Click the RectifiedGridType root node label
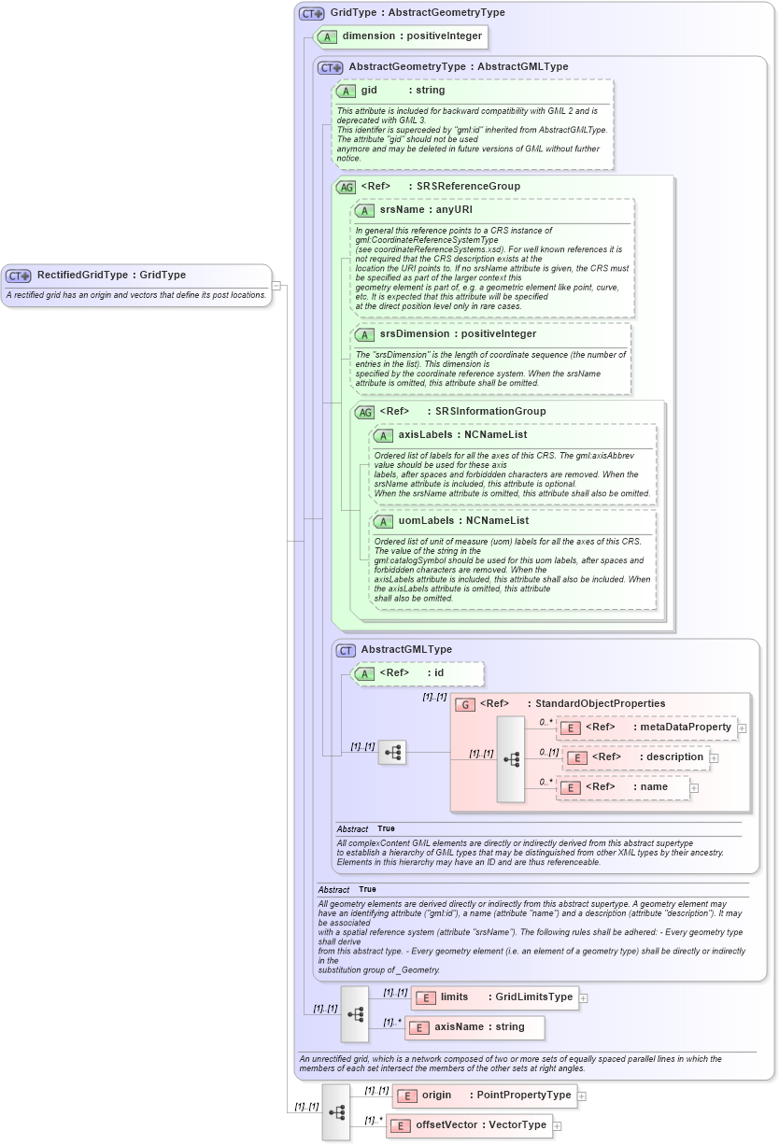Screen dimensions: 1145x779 [x=110, y=276]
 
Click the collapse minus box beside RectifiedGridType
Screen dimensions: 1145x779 [x=276, y=285]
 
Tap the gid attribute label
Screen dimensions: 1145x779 [x=369, y=91]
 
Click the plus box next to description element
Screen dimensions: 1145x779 [x=715, y=757]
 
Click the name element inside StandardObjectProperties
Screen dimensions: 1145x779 [x=627, y=787]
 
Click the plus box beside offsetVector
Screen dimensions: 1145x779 [x=558, y=1125]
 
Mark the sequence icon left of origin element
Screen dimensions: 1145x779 [x=336, y=1111]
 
